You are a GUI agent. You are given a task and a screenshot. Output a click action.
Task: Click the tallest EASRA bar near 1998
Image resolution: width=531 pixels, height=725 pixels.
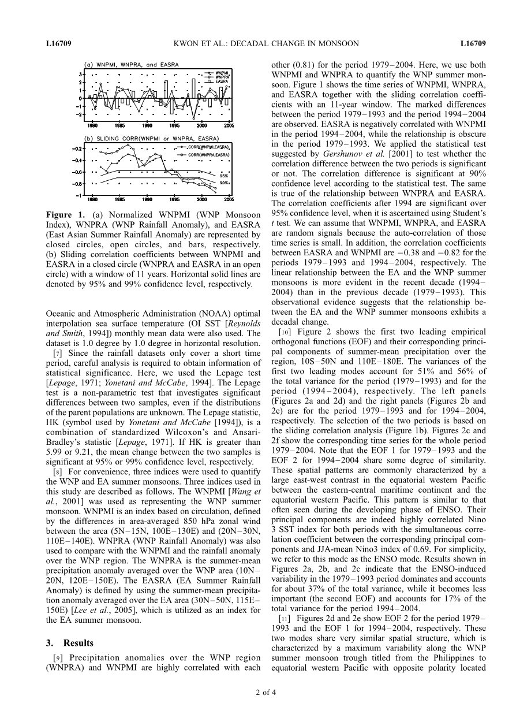194,89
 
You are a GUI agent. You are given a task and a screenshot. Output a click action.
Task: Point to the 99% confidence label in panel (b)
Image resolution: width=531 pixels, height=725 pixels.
224,183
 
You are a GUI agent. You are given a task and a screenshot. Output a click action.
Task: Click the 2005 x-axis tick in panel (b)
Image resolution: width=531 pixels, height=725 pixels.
229,199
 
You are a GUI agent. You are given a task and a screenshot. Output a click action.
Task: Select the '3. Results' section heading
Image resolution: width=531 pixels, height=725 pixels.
69,643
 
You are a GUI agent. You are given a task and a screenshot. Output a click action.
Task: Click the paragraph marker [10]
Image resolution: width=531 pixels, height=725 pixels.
284,332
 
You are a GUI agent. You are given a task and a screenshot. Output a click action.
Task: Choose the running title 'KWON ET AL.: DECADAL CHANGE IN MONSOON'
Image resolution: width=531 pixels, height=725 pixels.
265,43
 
